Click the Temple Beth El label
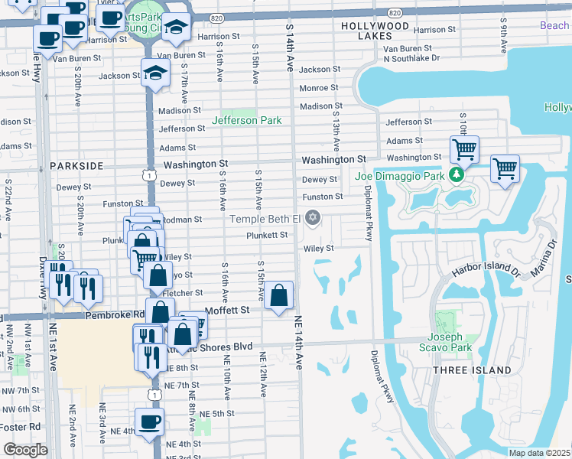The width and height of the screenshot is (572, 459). (x=267, y=220)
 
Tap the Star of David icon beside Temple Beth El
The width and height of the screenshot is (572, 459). (x=312, y=220)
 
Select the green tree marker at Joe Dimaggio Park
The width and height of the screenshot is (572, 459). (x=457, y=175)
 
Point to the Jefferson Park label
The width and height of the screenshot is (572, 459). (x=246, y=120)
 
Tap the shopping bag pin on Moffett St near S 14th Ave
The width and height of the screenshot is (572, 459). (x=280, y=295)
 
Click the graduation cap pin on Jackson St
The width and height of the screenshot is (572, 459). (x=155, y=73)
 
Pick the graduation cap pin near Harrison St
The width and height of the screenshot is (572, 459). (x=177, y=28)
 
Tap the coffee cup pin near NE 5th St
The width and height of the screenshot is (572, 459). (x=149, y=421)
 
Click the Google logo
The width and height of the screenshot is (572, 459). (x=25, y=450)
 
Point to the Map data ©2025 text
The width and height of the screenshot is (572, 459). (x=539, y=453)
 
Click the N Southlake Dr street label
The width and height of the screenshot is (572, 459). (x=411, y=58)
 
